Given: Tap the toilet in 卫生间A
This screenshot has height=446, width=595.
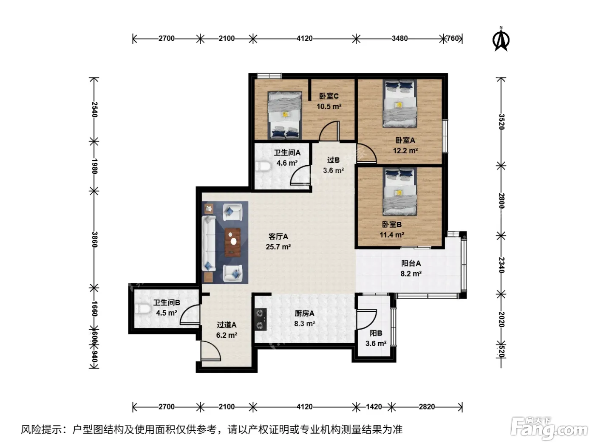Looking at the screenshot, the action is (263, 166).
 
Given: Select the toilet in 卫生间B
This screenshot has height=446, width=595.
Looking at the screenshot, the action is (143, 308).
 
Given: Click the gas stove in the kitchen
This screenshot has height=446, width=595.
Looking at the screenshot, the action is (260, 319).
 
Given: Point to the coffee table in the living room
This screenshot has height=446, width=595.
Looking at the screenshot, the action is (232, 242).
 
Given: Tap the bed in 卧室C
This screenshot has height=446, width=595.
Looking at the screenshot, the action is (285, 115).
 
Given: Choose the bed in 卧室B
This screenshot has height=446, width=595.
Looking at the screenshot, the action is (399, 192).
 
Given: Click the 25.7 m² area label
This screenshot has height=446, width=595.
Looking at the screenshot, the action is (278, 247).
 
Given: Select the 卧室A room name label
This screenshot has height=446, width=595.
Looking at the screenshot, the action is (405, 140).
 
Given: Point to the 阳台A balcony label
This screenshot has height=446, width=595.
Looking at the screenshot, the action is (411, 263).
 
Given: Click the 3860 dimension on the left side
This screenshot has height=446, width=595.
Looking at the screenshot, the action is (94, 240).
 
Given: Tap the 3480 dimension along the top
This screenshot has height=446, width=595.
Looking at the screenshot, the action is (399, 39).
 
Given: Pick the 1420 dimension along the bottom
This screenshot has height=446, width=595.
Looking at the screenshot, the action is (374, 406).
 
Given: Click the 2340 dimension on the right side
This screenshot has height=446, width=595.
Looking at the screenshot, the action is (501, 265).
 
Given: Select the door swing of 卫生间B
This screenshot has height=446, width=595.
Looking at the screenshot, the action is (190, 314).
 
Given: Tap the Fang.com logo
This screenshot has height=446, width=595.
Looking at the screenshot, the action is (549, 428).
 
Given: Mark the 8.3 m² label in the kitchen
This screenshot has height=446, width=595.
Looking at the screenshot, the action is (304, 324).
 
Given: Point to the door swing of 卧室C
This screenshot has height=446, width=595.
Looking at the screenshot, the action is (329, 131).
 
